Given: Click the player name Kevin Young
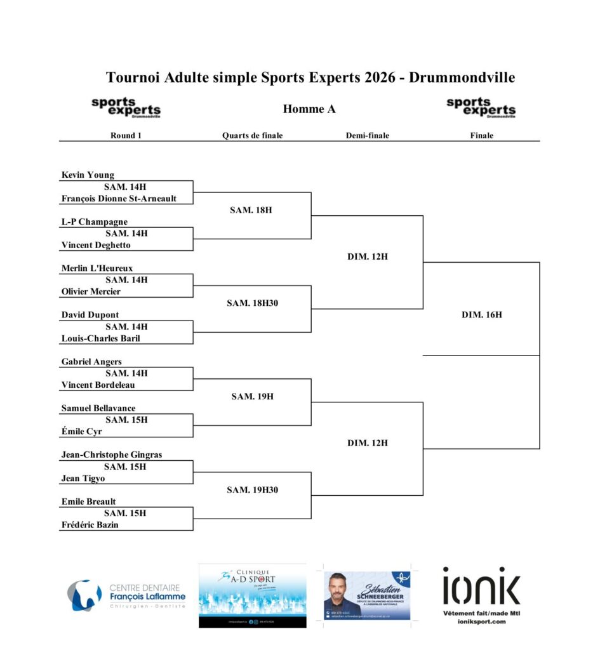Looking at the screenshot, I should click(x=88, y=175).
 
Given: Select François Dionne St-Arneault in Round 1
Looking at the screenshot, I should click(x=119, y=199).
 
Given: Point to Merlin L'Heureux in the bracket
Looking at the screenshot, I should click(x=97, y=269).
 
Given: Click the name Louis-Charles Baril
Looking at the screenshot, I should click(x=100, y=338).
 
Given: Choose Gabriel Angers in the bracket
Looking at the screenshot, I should click(x=91, y=362).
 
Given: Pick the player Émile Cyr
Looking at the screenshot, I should click(x=81, y=432).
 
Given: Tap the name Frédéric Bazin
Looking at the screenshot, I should click(x=90, y=525).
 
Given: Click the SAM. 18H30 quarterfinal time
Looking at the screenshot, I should click(x=252, y=303).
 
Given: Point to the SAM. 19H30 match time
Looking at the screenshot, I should click(x=252, y=490).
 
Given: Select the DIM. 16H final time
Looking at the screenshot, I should click(x=481, y=315).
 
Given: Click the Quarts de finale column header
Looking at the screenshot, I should click(x=252, y=135).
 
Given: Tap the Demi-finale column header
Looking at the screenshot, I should click(x=367, y=135).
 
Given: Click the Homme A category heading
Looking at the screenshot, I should click(x=309, y=109).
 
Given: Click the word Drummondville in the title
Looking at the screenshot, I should click(x=462, y=77).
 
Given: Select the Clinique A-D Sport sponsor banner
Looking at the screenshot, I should click(x=252, y=595).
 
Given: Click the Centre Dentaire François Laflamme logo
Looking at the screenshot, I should click(x=127, y=595).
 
